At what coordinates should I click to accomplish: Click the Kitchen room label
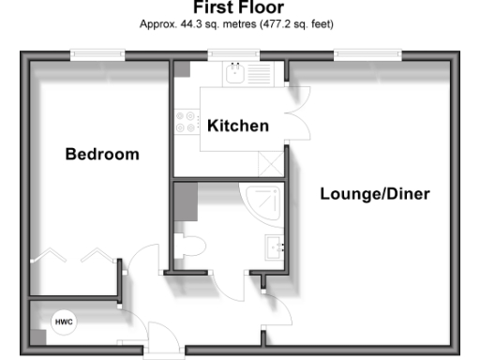(238, 126)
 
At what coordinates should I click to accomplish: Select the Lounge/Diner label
(375, 195)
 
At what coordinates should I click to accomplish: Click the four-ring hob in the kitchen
(185, 121)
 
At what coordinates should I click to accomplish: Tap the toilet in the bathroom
(193, 246)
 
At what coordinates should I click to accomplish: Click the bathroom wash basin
(276, 247)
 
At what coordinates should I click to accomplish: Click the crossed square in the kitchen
(272, 163)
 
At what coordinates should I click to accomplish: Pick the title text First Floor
(239, 10)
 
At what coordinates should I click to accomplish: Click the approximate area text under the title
(239, 26)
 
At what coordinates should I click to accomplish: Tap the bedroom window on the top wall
(97, 56)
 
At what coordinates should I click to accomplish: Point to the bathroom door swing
(230, 286)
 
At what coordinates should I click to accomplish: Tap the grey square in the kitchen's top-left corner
(181, 69)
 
